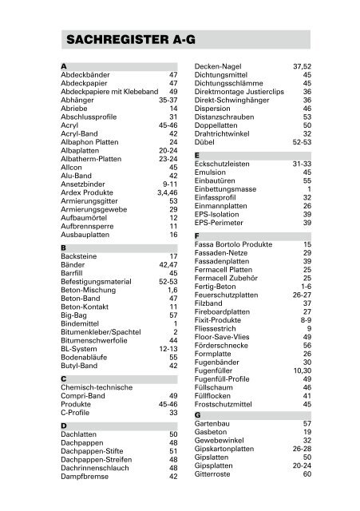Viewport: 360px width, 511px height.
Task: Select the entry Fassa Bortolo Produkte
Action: pos(236,244)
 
